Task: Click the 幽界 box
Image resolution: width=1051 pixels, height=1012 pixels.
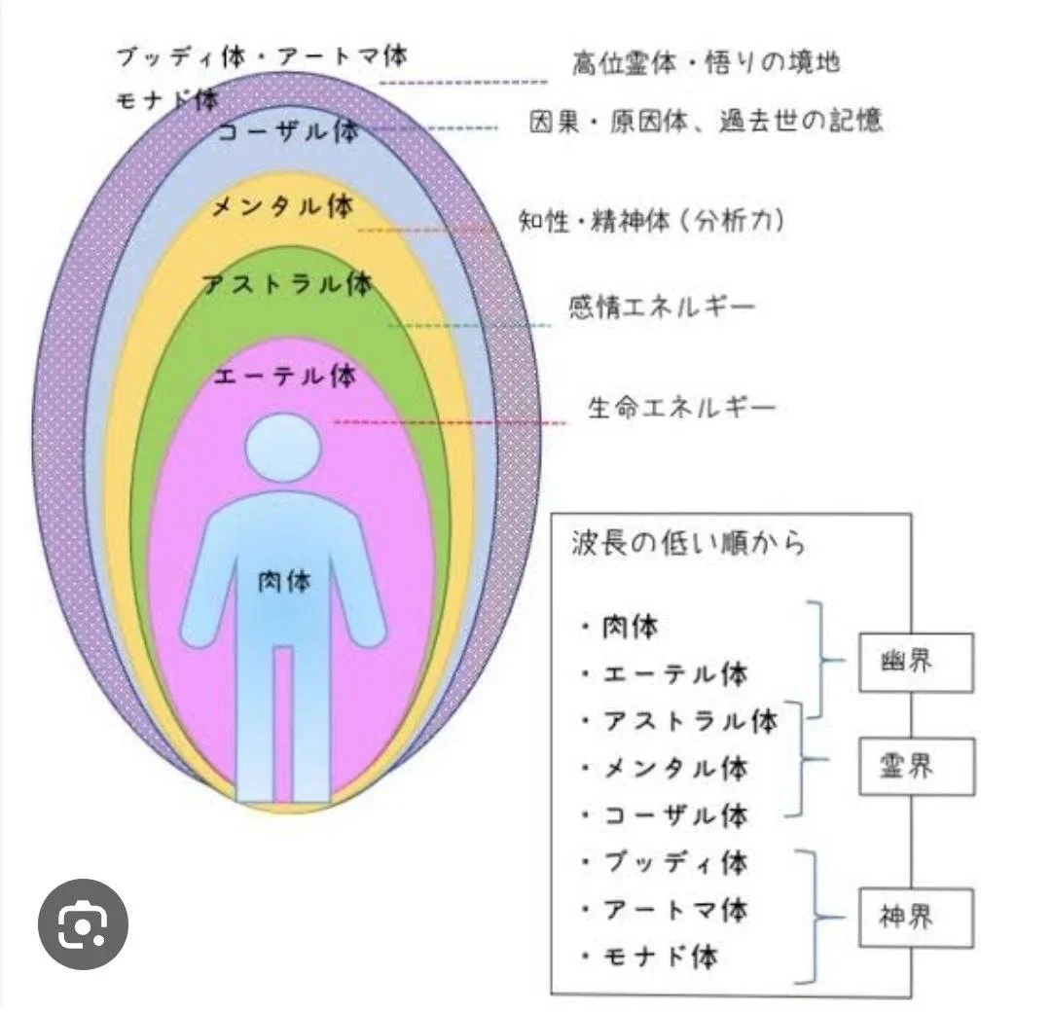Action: pyautogui.click(x=916, y=663)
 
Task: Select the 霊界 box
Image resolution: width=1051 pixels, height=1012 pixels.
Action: pyautogui.click(x=916, y=767)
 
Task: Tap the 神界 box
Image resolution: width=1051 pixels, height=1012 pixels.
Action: pyautogui.click(x=916, y=917)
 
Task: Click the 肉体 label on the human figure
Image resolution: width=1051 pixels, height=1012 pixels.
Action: pyautogui.click(x=282, y=581)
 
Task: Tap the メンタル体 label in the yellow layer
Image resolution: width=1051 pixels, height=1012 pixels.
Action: pyautogui.click(x=282, y=207)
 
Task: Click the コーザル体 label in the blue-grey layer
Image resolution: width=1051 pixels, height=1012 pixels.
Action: pyautogui.click(x=288, y=132)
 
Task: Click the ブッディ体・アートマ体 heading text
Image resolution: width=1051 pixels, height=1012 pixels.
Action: pyautogui.click(x=261, y=55)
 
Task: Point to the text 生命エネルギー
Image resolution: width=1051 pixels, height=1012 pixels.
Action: pyautogui.click(x=682, y=407)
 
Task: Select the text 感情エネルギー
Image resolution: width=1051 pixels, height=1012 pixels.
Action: pyautogui.click(x=662, y=307)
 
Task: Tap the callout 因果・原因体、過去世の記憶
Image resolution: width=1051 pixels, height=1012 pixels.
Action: pyautogui.click(x=706, y=122)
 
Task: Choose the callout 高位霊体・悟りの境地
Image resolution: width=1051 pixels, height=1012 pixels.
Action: pyautogui.click(x=706, y=63)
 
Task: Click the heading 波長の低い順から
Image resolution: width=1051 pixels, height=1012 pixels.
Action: pyautogui.click(x=688, y=543)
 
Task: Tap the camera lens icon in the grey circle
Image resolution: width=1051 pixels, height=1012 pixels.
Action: pyautogui.click(x=83, y=924)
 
